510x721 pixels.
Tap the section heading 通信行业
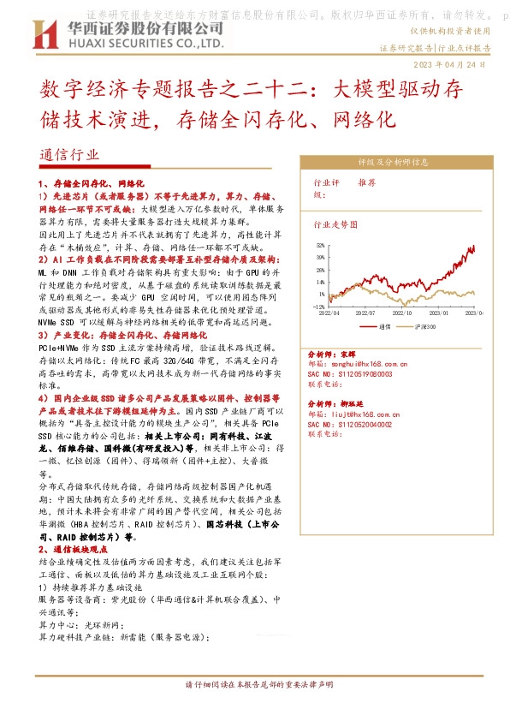click(69, 155)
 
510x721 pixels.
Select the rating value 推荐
click(366, 182)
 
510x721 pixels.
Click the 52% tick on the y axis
click(320, 245)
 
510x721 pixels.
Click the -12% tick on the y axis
click(318, 306)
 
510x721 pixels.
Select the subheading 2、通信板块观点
click(74, 548)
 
